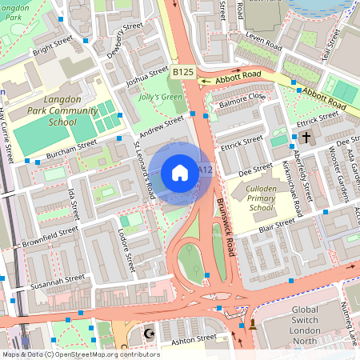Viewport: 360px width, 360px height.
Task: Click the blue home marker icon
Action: pos(180,172)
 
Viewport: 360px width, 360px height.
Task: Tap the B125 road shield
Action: pos(183,72)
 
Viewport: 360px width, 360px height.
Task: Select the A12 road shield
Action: pos(205,170)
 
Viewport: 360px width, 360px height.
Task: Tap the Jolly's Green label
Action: pos(159,97)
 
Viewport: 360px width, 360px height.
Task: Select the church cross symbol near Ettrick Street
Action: pos(308,138)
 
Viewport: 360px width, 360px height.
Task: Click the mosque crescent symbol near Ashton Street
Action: pos(146,334)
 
